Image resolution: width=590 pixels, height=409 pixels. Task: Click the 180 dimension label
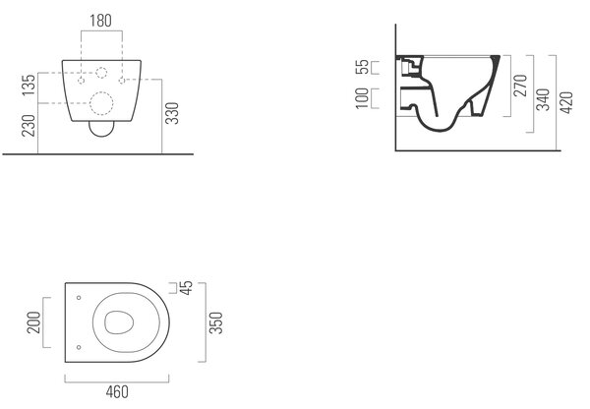pyautogui.click(x=100, y=21)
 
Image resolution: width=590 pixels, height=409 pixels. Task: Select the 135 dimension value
pyautogui.click(x=29, y=85)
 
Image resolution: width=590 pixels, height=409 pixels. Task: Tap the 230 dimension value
pyautogui.click(x=29, y=125)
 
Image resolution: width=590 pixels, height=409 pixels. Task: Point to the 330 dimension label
pyautogui.click(x=172, y=113)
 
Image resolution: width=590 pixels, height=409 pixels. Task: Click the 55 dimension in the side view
pyautogui.click(x=362, y=68)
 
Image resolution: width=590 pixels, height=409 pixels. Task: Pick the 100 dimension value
pyautogui.click(x=362, y=98)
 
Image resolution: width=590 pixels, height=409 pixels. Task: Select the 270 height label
pyautogui.click(x=520, y=86)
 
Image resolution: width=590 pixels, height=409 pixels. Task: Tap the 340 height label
pyautogui.click(x=543, y=99)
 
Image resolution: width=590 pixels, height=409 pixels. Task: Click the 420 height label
pyautogui.click(x=566, y=102)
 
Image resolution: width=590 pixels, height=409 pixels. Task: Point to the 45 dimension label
pyautogui.click(x=186, y=287)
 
